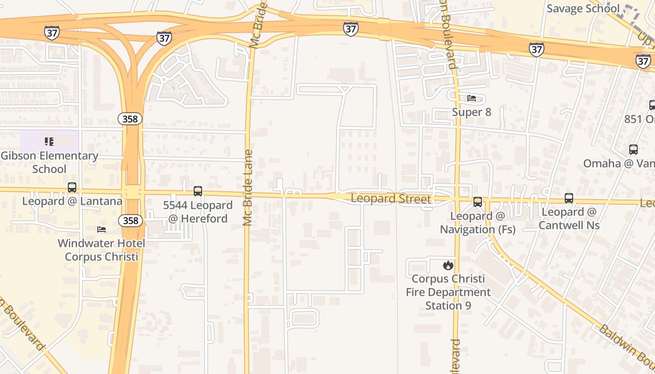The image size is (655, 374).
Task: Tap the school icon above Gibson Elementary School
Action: click(49, 141)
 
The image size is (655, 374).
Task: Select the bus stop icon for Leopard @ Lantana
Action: click(72, 187)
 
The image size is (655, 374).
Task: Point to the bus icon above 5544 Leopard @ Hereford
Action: click(198, 191)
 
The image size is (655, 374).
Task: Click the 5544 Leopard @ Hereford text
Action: click(197, 212)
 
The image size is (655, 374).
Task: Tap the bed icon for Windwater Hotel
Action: click(102, 229)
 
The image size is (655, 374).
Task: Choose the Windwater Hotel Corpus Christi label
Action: click(102, 250)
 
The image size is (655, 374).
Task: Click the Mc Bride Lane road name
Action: click(248, 187)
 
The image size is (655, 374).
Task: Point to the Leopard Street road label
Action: click(391, 199)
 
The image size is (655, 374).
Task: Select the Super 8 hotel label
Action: click(472, 112)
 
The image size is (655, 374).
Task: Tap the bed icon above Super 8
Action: click(472, 98)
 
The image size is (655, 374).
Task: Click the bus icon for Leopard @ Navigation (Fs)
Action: click(478, 202)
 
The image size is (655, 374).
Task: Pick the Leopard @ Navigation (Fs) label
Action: click(478, 223)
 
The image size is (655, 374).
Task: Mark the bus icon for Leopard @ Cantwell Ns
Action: click(569, 198)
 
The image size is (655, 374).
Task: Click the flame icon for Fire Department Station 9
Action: click(448, 266)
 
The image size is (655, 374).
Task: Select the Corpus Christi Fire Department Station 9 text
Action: click(448, 292)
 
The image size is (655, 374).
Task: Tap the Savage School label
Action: click(583, 8)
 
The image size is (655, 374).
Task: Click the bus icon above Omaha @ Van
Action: click(633, 150)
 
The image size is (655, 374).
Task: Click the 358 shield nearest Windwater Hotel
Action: click(130, 220)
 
